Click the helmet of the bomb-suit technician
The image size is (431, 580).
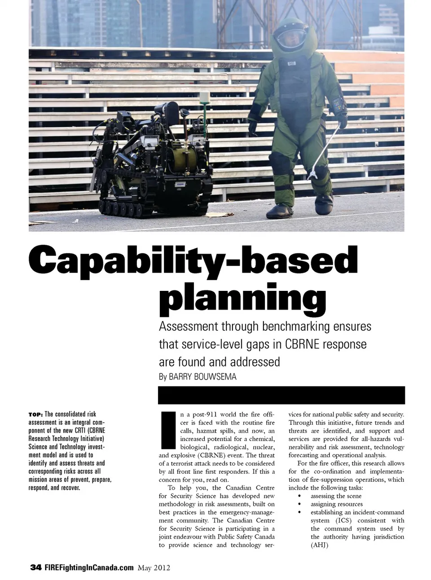point(288,35)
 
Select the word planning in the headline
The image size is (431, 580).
point(242,298)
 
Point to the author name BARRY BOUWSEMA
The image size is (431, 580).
point(202,377)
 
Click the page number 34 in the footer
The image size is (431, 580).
point(35,567)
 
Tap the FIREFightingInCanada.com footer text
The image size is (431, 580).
point(89,567)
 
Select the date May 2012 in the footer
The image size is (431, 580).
point(154,568)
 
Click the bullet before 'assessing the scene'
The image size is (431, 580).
point(299,496)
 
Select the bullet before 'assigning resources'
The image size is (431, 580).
point(299,504)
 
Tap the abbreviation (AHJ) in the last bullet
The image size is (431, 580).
point(319,545)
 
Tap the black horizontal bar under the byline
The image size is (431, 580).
point(281,395)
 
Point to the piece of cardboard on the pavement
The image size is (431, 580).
point(223,213)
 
